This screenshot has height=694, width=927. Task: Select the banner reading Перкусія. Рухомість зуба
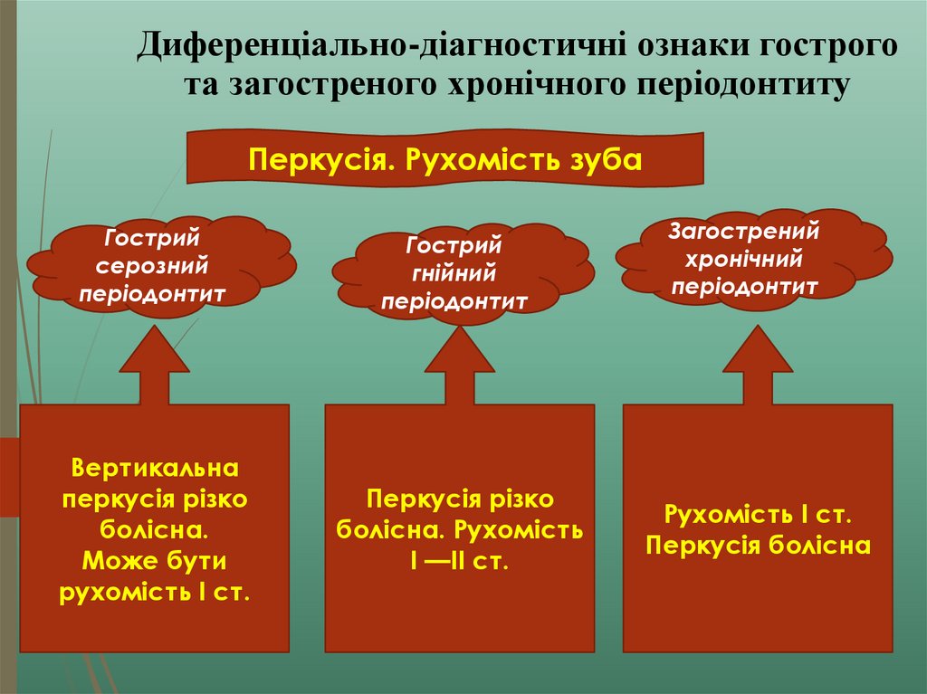[x=445, y=160]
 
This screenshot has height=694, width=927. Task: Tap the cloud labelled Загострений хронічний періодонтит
[x=746, y=259]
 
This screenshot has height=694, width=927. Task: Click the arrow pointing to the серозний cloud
[x=155, y=366]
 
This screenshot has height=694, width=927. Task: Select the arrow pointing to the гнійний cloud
[x=460, y=366]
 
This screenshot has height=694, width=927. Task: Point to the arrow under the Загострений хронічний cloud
[x=758, y=366]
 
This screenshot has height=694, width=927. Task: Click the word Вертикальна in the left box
[x=155, y=470]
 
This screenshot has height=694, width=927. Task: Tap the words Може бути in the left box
[x=154, y=562]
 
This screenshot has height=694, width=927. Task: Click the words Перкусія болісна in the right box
[x=759, y=546]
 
